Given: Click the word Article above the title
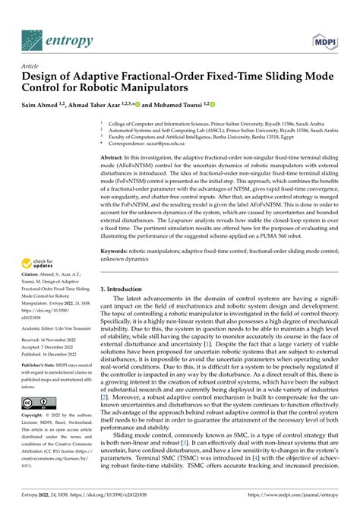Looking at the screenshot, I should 31,67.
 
